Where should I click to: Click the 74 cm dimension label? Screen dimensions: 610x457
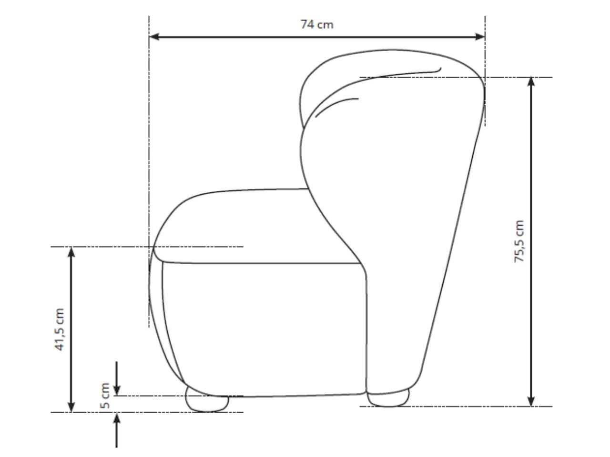pos(316,25)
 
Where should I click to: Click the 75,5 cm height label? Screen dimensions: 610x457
pos(519,241)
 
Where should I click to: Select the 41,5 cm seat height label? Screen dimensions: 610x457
pos(60,329)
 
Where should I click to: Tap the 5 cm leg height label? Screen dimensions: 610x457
pos(105,396)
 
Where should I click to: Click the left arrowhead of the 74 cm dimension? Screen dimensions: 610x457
pos(154,37)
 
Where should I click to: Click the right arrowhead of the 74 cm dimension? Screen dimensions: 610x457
pos(480,37)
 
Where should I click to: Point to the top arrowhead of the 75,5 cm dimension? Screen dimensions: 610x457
pos(531,82)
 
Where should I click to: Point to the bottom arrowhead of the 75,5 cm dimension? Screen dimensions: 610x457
pos(531,401)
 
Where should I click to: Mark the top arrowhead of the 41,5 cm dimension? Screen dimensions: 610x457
pos(71,252)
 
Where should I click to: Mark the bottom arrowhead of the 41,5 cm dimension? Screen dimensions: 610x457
pos(71,407)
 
